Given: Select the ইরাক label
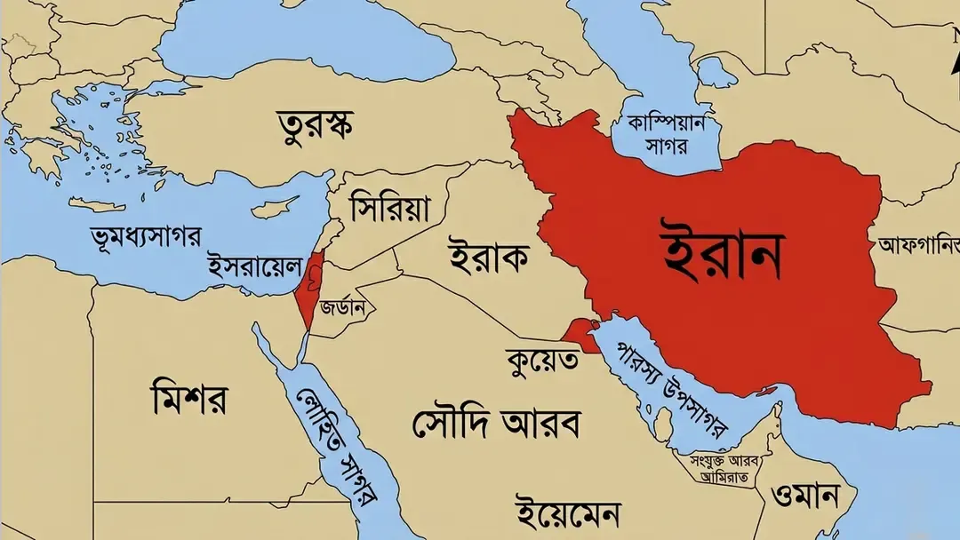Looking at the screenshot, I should click(x=488, y=258).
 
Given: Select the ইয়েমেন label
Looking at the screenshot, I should click(x=569, y=514).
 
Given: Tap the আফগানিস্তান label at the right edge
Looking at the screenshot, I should click(x=919, y=243).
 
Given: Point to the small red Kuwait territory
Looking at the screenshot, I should click(x=583, y=334).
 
